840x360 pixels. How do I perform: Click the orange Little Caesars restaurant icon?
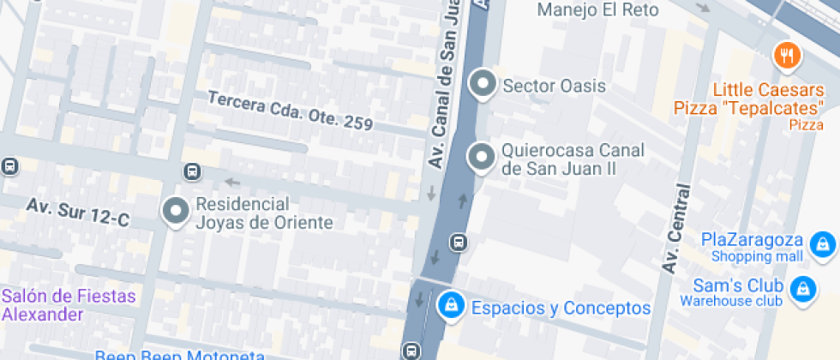(x=786, y=57)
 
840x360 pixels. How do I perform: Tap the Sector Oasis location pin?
(x=483, y=85)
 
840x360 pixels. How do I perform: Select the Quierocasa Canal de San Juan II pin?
(x=482, y=158)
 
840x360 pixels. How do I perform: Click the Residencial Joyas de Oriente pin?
(x=177, y=211)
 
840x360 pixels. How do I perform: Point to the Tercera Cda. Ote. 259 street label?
(x=290, y=111)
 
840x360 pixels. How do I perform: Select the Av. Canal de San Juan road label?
(x=447, y=86)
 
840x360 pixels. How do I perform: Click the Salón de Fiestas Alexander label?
(x=69, y=304)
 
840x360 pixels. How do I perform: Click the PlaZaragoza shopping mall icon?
(x=823, y=244)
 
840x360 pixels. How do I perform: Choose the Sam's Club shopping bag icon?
(x=802, y=289)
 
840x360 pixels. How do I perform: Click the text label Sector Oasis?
(x=554, y=86)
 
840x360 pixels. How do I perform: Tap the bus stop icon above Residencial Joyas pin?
(x=191, y=172)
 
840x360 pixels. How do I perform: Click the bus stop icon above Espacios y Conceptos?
(x=459, y=242)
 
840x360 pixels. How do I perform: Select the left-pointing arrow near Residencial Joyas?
(x=231, y=182)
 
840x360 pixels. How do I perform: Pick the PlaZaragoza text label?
(x=752, y=239)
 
